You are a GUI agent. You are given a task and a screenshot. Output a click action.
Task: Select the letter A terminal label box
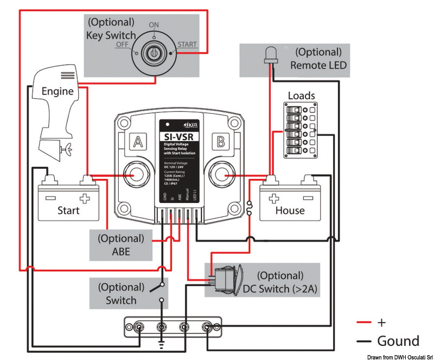(x=138, y=142)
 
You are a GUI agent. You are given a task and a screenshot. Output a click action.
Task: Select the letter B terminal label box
(x=220, y=142)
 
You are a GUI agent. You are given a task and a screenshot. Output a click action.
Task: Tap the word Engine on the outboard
(x=58, y=91)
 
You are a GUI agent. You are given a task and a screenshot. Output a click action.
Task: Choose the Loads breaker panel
(x=301, y=130)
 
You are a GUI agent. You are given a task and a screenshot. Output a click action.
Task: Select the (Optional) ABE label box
(x=121, y=245)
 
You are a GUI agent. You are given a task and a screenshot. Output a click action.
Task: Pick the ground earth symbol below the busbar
(x=161, y=343)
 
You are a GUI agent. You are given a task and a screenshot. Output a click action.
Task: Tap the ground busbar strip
(x=173, y=327)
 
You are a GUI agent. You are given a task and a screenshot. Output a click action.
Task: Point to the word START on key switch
(x=187, y=45)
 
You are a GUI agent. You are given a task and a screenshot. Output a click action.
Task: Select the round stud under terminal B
(x=221, y=176)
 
